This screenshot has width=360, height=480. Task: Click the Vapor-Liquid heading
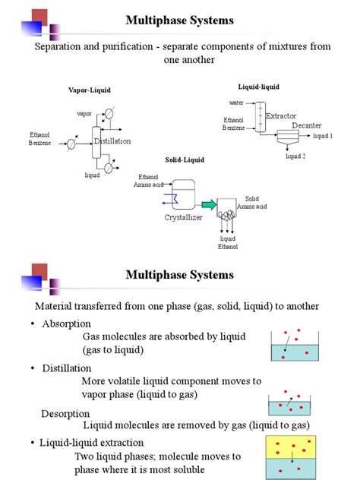(90, 90)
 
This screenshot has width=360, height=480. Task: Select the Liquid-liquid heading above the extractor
(258, 88)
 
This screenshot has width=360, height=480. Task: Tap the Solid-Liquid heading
(185, 159)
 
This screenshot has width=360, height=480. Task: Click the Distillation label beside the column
(112, 141)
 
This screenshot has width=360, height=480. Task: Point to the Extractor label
(280, 115)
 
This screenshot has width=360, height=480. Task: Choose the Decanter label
(307, 125)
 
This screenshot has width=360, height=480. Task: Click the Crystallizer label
(185, 217)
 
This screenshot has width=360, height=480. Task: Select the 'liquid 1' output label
(323, 136)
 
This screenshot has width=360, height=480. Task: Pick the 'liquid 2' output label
(295, 156)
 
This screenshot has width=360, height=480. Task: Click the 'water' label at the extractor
(236, 102)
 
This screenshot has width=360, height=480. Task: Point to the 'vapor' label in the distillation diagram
(84, 113)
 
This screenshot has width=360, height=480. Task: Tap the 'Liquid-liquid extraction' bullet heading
(91, 443)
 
